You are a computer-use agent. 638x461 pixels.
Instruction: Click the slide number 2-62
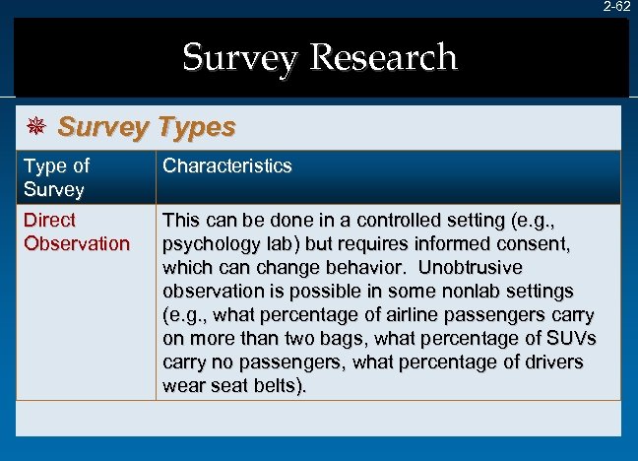618,7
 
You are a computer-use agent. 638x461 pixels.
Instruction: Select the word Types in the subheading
194,127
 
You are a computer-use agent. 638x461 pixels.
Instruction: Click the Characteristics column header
227,165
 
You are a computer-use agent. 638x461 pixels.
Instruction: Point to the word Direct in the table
49,220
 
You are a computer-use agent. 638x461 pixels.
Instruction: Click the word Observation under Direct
77,243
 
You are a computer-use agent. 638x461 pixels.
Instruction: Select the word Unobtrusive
472,267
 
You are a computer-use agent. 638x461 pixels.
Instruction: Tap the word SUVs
572,338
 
